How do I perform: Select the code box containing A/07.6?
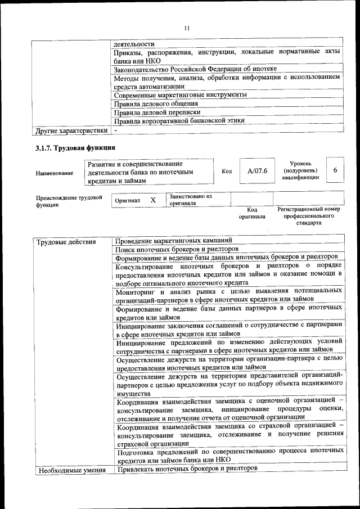tap(253, 171)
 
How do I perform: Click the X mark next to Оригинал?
tap(152, 200)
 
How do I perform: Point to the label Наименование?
tap(55, 173)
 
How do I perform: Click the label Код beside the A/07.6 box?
tap(227, 171)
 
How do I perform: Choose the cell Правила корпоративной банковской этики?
tap(179, 121)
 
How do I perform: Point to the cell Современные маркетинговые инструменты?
tap(180, 95)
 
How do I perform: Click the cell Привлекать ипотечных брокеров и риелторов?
tap(186, 469)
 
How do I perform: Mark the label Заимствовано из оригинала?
tap(191, 200)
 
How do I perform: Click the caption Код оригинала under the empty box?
tap(252, 212)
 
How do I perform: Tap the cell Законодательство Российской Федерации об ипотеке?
tap(195, 69)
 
